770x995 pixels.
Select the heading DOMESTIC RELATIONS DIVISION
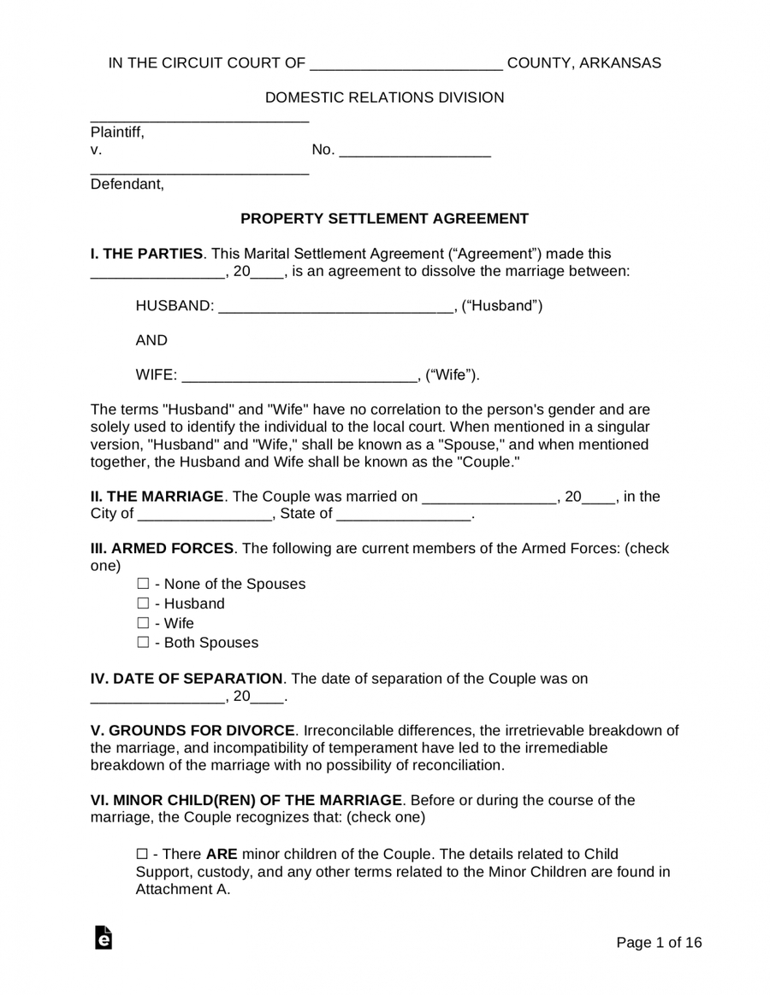384,97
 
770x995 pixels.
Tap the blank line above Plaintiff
199,118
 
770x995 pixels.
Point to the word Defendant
127,184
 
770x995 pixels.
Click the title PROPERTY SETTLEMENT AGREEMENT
384,219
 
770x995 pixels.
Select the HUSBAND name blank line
335,308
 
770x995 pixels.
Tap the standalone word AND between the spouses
151,340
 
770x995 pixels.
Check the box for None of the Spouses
142,585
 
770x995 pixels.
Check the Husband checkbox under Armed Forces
142,604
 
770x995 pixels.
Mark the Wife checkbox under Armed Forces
142,624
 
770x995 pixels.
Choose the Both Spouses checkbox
142,643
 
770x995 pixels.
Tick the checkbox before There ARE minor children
142,855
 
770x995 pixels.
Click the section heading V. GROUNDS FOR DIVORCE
193,731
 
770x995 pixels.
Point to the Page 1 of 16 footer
659,943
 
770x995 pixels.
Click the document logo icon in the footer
104,938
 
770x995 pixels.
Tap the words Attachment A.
182,890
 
